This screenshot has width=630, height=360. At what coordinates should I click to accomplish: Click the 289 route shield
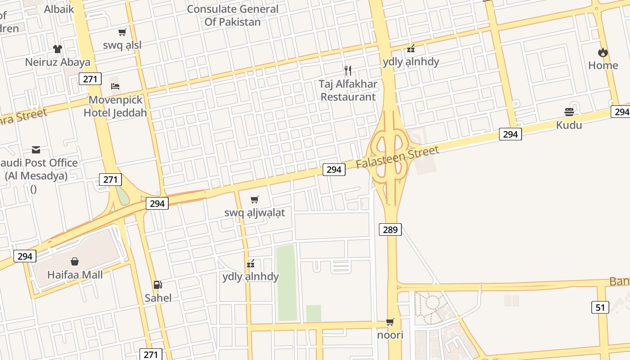(390, 230)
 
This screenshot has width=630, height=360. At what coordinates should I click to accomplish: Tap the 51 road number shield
(600, 308)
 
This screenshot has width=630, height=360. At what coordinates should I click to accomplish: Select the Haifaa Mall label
(75, 274)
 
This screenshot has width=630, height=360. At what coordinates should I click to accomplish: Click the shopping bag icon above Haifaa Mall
(75, 261)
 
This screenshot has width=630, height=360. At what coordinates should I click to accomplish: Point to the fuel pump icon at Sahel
(158, 284)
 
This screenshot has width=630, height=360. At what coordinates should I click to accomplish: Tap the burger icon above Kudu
(569, 112)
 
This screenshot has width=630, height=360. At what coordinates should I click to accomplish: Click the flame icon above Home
(603, 52)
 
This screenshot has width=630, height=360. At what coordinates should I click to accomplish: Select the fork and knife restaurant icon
(347, 70)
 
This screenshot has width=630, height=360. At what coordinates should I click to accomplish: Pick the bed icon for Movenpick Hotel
(115, 86)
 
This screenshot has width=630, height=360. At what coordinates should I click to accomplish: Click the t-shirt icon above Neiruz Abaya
(58, 49)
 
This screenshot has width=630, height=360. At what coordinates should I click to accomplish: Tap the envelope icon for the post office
(36, 150)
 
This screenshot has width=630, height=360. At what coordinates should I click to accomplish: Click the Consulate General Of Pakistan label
(233, 15)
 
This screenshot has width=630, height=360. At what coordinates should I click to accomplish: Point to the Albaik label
(59, 9)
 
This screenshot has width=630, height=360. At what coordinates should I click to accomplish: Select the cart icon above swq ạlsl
(122, 32)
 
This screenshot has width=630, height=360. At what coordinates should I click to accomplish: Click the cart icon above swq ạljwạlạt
(255, 199)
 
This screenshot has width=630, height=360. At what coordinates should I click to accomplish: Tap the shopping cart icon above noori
(390, 322)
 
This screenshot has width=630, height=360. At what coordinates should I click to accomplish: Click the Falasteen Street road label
(397, 157)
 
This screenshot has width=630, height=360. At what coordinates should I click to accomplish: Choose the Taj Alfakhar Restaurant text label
(348, 90)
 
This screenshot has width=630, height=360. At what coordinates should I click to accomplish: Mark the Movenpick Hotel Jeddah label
(115, 106)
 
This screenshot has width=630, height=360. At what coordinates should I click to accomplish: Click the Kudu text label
(569, 125)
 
